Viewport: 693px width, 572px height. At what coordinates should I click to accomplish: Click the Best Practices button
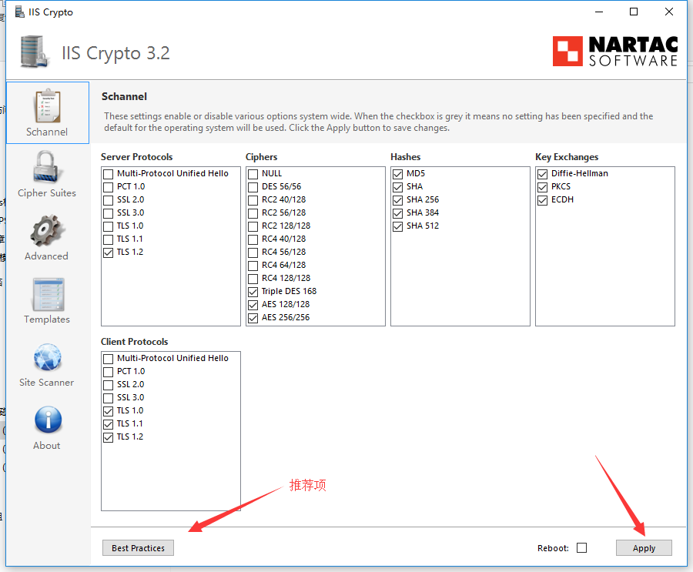(138, 547)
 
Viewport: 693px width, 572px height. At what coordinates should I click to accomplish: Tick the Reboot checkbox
(581, 547)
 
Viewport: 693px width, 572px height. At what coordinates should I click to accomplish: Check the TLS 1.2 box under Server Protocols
(108, 253)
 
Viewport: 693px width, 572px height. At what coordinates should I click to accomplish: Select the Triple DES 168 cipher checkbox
(253, 292)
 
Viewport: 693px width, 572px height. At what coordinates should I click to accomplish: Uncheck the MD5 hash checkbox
(397, 174)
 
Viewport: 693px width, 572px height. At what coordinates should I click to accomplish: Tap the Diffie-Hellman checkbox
(542, 174)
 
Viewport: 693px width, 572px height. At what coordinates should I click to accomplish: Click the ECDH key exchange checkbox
(542, 200)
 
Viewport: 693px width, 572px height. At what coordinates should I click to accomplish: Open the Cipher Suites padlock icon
(46, 166)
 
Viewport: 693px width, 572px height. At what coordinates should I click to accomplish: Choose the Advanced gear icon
(47, 231)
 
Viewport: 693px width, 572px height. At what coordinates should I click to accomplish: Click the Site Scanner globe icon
(48, 357)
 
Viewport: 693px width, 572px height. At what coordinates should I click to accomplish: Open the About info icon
(49, 419)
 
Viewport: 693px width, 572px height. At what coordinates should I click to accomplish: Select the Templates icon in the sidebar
(48, 294)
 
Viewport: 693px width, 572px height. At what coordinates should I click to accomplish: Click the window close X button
(669, 12)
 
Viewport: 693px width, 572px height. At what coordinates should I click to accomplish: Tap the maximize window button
(634, 12)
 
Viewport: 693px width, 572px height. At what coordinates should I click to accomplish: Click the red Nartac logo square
(567, 52)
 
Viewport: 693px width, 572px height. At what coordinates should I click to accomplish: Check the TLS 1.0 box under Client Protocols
(108, 411)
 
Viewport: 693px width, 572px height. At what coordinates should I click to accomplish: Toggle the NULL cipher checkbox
(253, 174)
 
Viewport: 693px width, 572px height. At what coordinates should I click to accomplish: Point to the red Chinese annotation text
(307, 485)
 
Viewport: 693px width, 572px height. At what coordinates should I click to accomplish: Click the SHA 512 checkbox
(397, 226)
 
